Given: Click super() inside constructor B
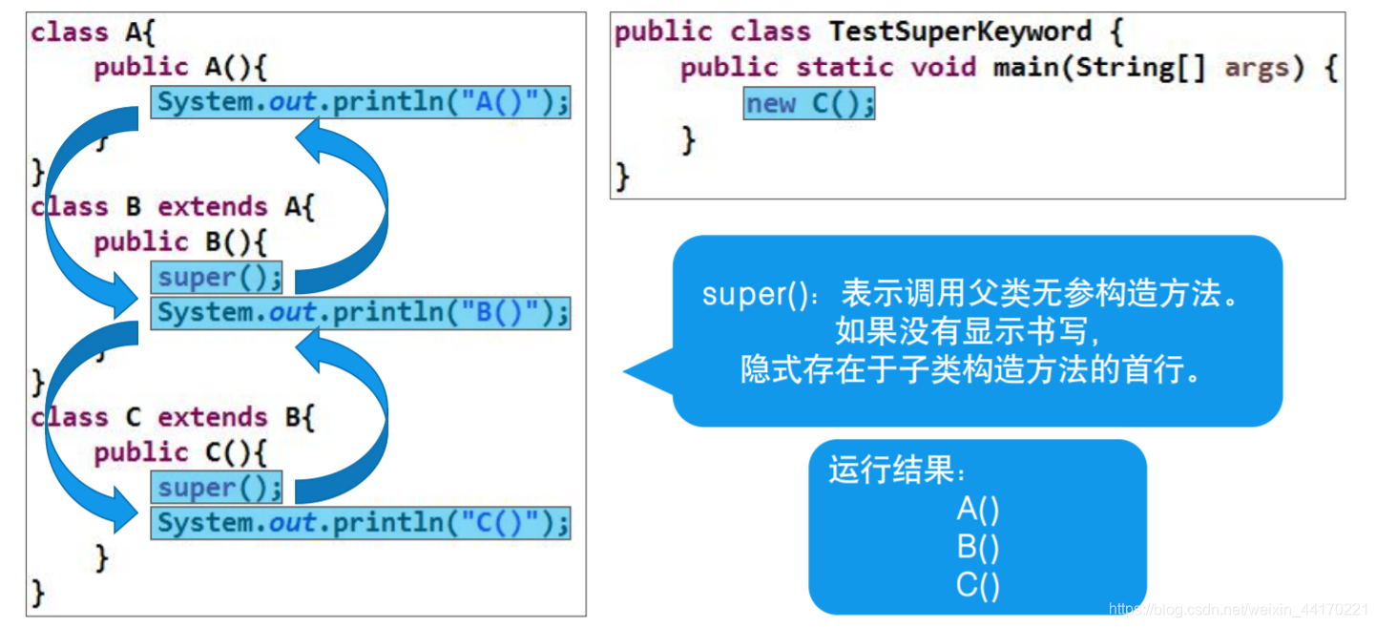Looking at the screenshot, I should (x=219, y=278).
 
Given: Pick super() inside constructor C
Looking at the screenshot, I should (x=219, y=488).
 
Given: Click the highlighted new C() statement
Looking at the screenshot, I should (x=809, y=103).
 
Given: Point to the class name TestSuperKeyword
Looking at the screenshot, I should (x=960, y=31).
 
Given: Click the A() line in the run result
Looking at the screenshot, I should (x=978, y=510).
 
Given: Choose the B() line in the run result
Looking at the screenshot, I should (x=978, y=548).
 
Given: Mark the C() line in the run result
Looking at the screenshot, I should (x=978, y=585).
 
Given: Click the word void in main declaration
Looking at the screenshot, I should (x=943, y=67).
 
